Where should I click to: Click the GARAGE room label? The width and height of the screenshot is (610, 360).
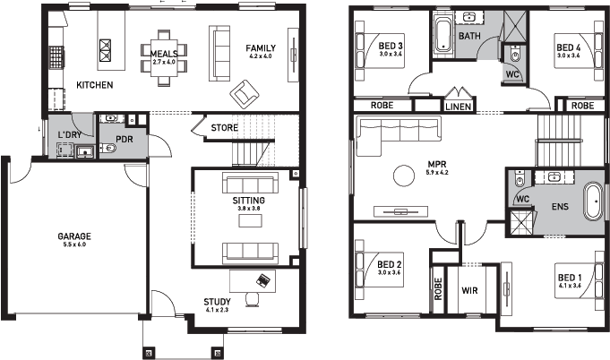pos(75,236)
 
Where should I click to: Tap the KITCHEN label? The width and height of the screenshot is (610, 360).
pos(94,85)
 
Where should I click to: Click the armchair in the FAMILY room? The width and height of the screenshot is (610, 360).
pos(243,92)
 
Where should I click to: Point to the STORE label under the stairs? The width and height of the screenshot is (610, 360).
pos(224,128)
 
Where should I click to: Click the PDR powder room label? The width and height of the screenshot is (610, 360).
pos(125,141)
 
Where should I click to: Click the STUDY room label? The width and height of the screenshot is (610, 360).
pos(217,301)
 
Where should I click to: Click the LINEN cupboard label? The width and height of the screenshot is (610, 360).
pos(458,106)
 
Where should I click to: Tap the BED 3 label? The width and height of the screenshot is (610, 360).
pos(390,47)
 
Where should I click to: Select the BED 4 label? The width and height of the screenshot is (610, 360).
pos(569,47)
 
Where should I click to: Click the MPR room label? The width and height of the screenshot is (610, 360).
pos(436,164)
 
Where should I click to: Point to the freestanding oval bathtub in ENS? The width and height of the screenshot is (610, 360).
pos(592,201)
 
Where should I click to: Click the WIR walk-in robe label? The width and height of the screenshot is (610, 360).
pos(470,291)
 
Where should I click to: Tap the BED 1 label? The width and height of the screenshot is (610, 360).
pos(568,277)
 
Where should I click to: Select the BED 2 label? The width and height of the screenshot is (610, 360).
pos(389,264)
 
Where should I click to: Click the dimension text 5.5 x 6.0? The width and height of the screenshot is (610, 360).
pos(75,245)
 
